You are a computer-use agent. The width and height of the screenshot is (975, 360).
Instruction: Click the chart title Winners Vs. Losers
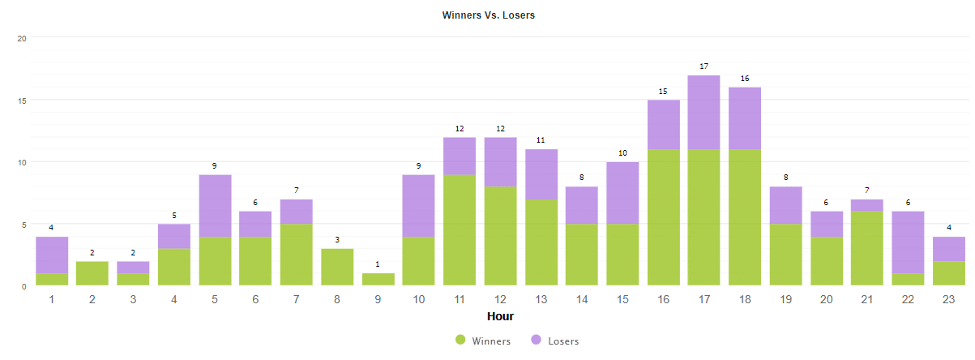coord(488,15)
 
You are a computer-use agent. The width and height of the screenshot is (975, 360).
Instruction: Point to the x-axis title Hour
coord(500,316)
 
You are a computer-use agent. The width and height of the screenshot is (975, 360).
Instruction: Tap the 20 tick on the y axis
coord(22,38)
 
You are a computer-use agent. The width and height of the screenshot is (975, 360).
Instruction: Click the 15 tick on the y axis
coord(22,101)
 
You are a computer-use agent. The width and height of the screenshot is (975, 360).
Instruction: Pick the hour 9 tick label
coord(378,300)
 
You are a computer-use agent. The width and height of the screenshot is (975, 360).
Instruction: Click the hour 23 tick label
coord(949,300)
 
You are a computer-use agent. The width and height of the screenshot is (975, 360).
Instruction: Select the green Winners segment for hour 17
coord(704,217)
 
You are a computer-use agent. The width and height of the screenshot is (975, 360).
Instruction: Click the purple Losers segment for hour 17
coord(704,112)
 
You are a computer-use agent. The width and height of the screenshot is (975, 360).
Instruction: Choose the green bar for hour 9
coord(378,280)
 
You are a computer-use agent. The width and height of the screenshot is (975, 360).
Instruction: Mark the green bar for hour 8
coord(337,268)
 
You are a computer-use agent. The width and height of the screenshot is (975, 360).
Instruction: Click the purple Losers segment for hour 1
coord(52,255)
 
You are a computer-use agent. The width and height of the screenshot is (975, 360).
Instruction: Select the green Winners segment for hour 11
coord(460,230)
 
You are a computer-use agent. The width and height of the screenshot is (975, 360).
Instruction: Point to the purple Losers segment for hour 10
coord(419,205)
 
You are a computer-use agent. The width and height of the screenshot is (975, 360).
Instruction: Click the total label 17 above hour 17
coord(704,66)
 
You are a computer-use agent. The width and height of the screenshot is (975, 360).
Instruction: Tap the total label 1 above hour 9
coord(378,264)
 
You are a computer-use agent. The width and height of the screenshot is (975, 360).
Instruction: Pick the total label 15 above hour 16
coord(664,91)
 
